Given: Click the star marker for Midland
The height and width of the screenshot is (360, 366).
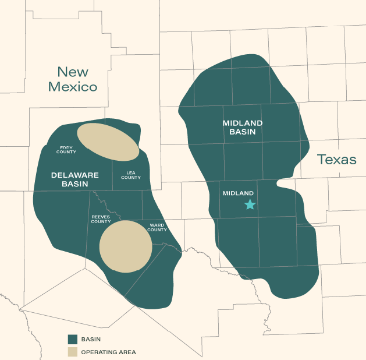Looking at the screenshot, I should pyautogui.click(x=250, y=204).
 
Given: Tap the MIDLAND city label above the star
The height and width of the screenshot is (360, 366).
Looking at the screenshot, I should pyautogui.click(x=239, y=193).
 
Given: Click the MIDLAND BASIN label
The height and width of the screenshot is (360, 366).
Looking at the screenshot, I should pyautogui.click(x=243, y=128).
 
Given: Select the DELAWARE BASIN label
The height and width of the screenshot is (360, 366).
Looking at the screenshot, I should pyautogui.click(x=75, y=179).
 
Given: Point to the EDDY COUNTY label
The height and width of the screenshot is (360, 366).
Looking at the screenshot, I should pyautogui.click(x=66, y=150).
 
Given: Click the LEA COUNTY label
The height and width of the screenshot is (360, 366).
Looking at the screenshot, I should pyautogui.click(x=131, y=174).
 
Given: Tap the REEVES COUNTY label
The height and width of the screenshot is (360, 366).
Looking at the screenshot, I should pyautogui.click(x=101, y=218).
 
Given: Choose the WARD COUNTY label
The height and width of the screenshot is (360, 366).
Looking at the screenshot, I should pyautogui.click(x=158, y=227).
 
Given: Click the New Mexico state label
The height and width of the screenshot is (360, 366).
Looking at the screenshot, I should pyautogui.click(x=73, y=80).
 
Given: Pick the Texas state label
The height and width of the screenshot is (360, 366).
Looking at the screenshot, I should pyautogui.click(x=337, y=160).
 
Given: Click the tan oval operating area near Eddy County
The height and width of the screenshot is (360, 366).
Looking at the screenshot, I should pyautogui.click(x=108, y=142).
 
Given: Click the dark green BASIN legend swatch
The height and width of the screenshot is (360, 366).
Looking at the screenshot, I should pyautogui.click(x=73, y=339).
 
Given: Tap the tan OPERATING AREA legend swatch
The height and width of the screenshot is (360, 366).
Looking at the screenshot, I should pyautogui.click(x=73, y=352).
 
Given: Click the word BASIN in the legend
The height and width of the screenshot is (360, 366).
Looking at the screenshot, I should pyautogui.click(x=91, y=339).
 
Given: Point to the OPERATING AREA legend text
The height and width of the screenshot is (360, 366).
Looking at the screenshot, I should pyautogui.click(x=109, y=352).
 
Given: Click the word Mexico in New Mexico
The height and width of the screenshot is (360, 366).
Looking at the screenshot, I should pyautogui.click(x=73, y=87).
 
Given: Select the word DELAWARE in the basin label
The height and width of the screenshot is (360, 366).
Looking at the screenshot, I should pyautogui.click(x=75, y=175).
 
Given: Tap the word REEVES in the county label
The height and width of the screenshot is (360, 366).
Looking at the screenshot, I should pyautogui.click(x=101, y=216).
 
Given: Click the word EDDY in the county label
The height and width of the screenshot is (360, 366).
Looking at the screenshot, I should pyautogui.click(x=66, y=147).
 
